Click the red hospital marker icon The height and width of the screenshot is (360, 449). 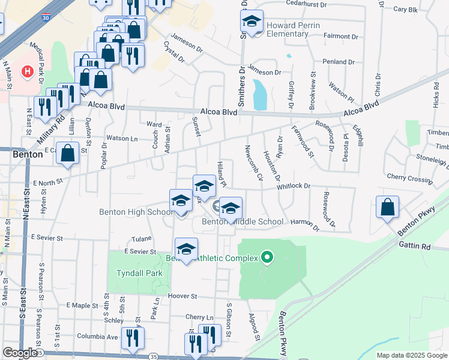point(27,72)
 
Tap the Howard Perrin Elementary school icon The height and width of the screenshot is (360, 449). point(252,22)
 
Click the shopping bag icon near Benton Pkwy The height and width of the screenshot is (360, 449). point(388,207)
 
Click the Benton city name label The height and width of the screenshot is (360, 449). point(28,154)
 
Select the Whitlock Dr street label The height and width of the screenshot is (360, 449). point(294,187)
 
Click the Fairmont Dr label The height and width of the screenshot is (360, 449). point(340,36)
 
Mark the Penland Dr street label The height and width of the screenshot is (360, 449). point(339,62)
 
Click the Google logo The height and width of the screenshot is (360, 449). point(20,353)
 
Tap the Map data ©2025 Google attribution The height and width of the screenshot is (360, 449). point(412,355)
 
